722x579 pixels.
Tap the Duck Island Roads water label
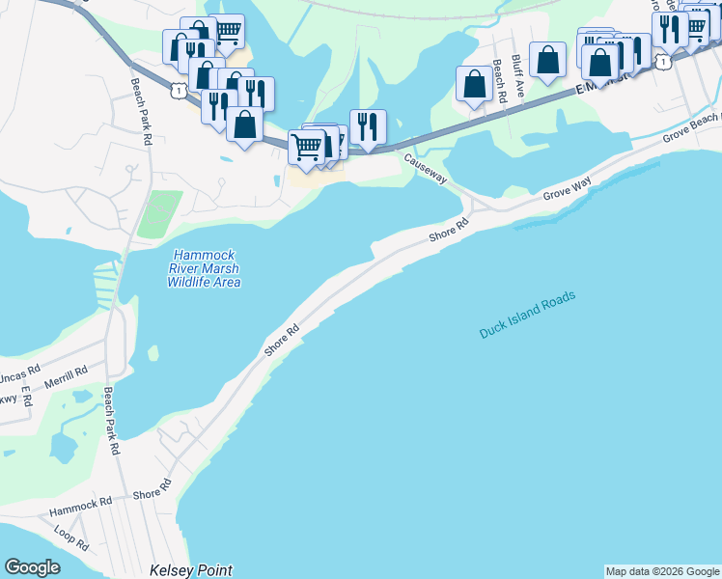click(x=527, y=315)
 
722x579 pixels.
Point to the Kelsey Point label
click(x=191, y=570)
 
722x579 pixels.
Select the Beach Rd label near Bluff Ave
click(x=499, y=82)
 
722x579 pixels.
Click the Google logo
click(x=32, y=567)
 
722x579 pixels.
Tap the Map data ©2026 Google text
click(x=662, y=571)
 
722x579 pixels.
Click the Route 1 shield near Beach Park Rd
click(x=179, y=90)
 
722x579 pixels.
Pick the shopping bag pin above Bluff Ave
click(x=547, y=60)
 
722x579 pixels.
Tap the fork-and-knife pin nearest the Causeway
click(x=368, y=125)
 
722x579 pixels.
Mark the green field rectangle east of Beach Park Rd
click(x=153, y=214)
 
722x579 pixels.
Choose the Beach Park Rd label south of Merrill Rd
click(x=112, y=421)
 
